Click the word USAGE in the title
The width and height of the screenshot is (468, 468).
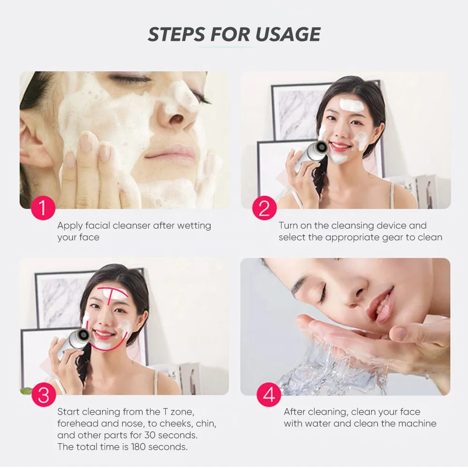coord(288,34)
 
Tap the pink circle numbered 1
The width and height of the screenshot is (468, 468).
coord(43,208)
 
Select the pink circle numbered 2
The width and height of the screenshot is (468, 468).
coord(264,208)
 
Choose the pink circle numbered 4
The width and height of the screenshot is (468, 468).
coord(269,395)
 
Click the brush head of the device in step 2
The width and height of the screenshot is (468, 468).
coord(322,147)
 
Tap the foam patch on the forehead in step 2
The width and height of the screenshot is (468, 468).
coord(351,104)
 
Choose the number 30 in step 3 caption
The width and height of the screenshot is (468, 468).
coord(150,435)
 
